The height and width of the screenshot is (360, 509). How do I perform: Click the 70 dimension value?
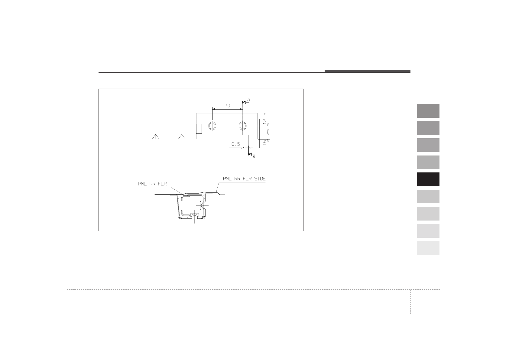tap(228, 106)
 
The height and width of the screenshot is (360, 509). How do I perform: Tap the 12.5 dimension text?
tap(264, 118)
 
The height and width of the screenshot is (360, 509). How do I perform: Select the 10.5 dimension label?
tap(234, 144)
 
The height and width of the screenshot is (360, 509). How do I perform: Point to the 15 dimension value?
tap(264, 142)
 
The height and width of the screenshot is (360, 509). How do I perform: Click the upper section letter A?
tap(248, 100)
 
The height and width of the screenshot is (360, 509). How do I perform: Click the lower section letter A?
tap(254, 157)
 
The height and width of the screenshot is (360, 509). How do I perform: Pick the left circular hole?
tap(212, 126)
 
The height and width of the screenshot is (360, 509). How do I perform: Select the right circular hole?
tap(243, 126)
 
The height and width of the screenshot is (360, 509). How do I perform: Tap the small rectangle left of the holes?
tap(199, 129)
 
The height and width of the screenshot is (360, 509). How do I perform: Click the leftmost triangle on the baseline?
tap(155, 137)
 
